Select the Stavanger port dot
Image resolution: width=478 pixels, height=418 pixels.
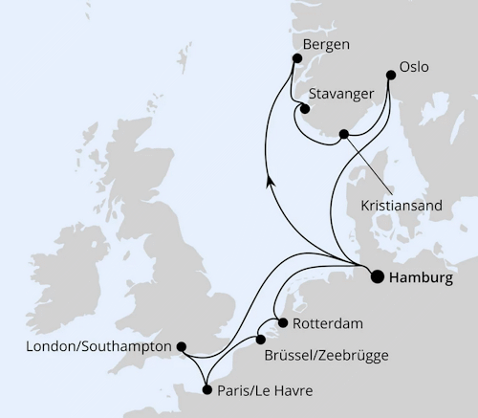(305, 108)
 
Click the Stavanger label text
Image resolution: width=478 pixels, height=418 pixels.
(341, 96)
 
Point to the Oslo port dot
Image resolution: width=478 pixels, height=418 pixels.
(391, 76)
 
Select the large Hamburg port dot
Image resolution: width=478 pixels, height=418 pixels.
(376, 276)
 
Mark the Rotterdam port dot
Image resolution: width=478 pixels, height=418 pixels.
(281, 321)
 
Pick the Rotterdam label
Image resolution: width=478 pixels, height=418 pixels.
(329, 322)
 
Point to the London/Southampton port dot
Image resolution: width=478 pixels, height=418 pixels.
(183, 348)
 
